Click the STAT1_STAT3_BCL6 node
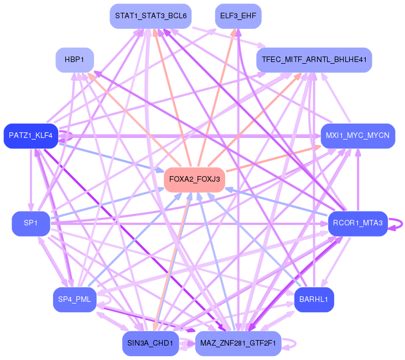[x=150, y=16]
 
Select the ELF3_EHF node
[x=237, y=16]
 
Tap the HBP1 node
[x=74, y=60]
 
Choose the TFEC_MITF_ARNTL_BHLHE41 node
[x=314, y=60]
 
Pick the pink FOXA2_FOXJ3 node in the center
[x=194, y=180]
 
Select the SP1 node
[x=30, y=223]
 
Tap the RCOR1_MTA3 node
[x=357, y=223]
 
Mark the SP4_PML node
[x=74, y=300]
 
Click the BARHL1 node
[x=314, y=300]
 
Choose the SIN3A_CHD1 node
[x=150, y=343]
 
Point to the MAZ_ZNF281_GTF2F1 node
[x=237, y=343]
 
